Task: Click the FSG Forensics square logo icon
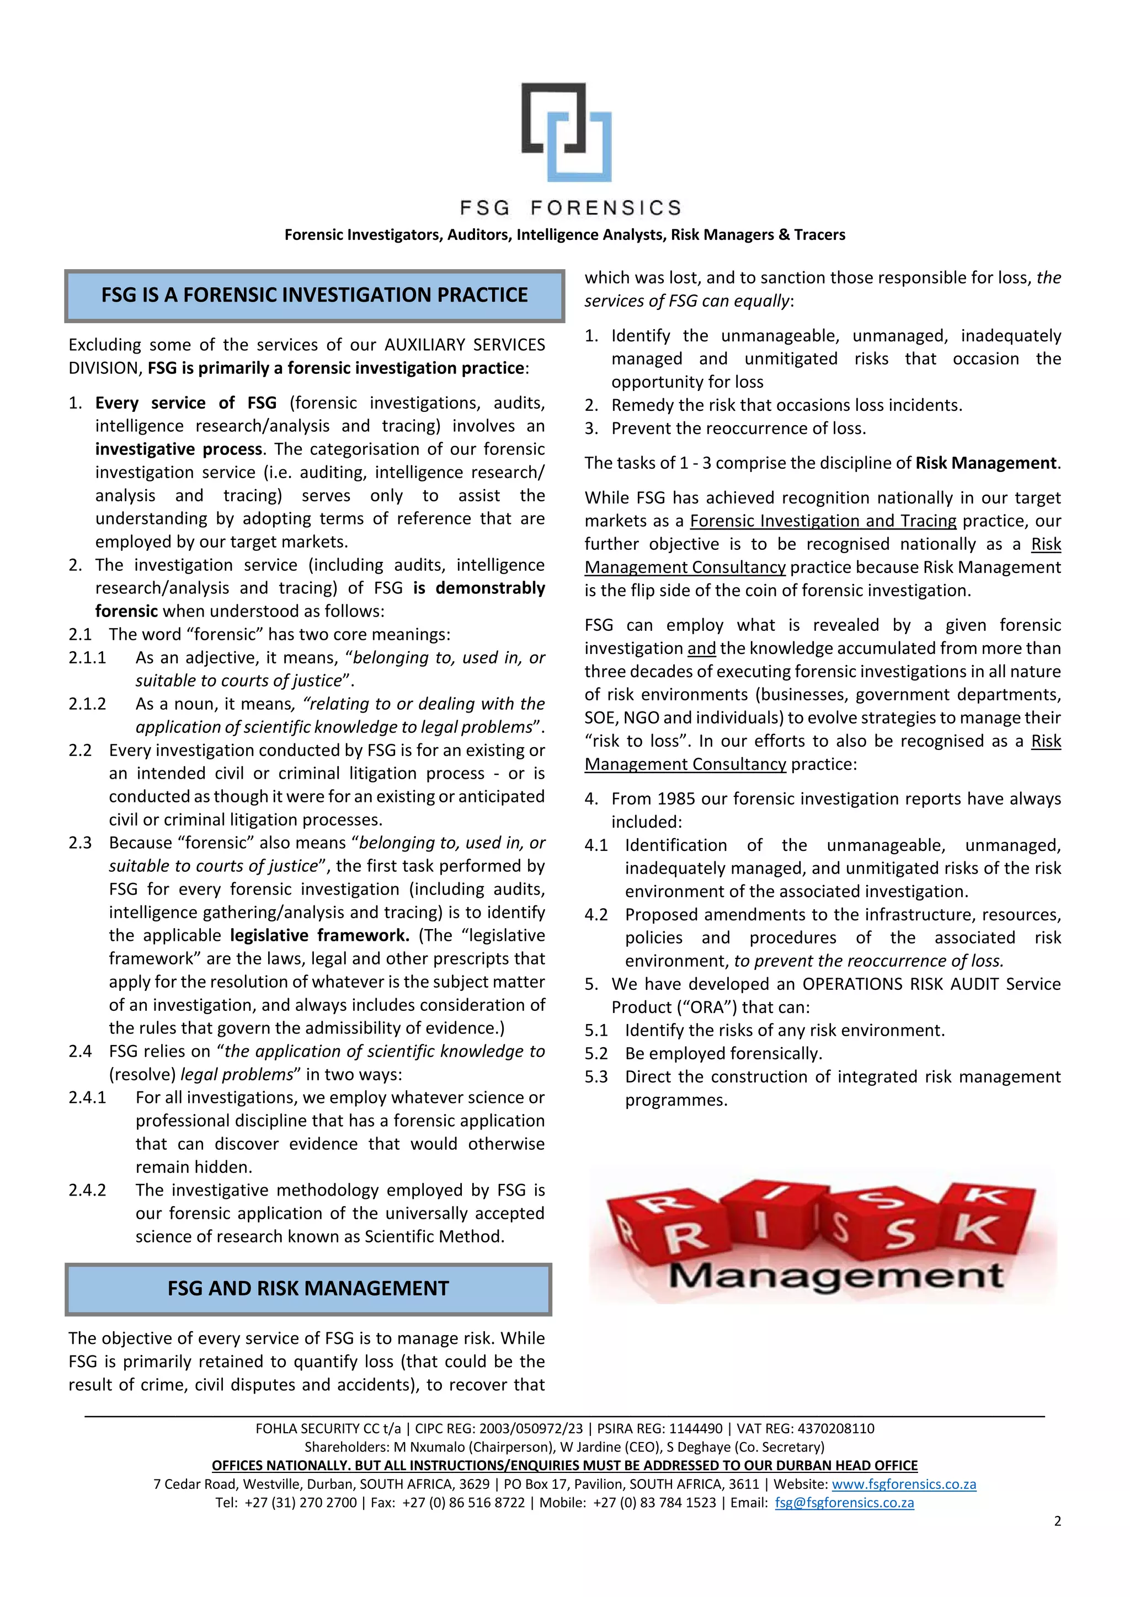(x=567, y=132)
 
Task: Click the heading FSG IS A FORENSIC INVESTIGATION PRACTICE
(x=315, y=296)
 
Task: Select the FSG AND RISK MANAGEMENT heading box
(x=308, y=1289)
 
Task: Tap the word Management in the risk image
(x=835, y=1277)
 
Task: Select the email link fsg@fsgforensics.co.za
(x=844, y=1502)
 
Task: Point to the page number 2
(x=1057, y=1521)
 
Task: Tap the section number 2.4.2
(x=87, y=1190)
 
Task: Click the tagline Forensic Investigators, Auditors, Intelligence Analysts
(x=564, y=235)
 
